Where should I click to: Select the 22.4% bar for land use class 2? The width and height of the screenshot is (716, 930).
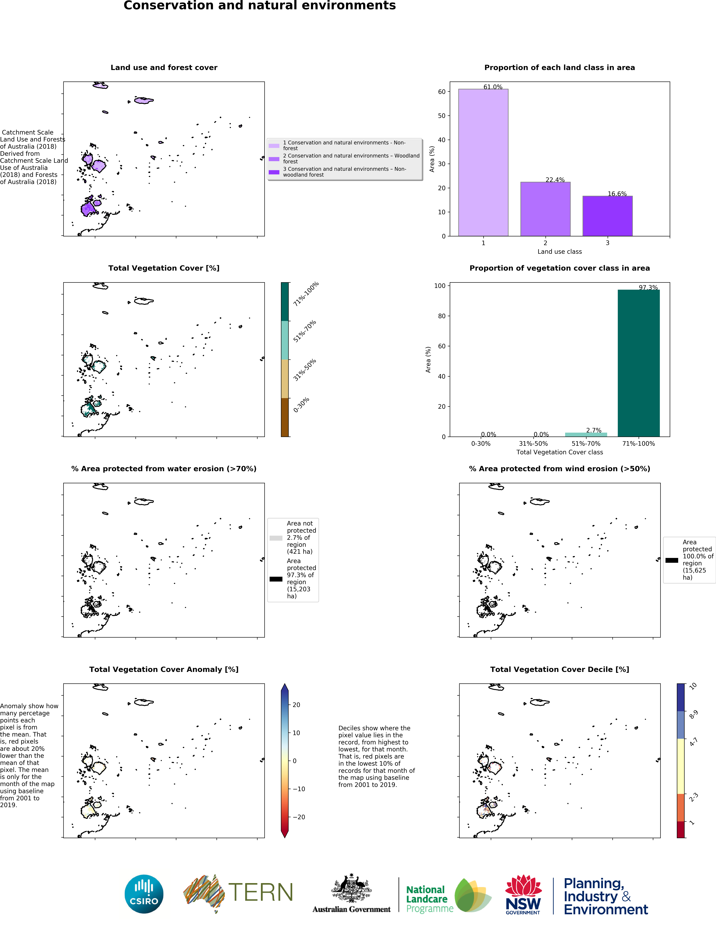(545, 209)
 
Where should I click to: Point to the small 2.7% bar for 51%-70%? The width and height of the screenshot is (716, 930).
(586, 434)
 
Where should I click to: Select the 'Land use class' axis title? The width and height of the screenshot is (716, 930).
(559, 252)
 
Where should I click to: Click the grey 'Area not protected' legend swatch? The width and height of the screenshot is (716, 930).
(276, 538)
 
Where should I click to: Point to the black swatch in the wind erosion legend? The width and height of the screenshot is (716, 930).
(672, 560)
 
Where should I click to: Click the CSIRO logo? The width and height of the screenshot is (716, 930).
(144, 894)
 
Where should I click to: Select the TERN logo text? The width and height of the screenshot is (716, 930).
(261, 893)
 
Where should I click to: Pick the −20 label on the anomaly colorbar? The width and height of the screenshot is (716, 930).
(299, 817)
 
